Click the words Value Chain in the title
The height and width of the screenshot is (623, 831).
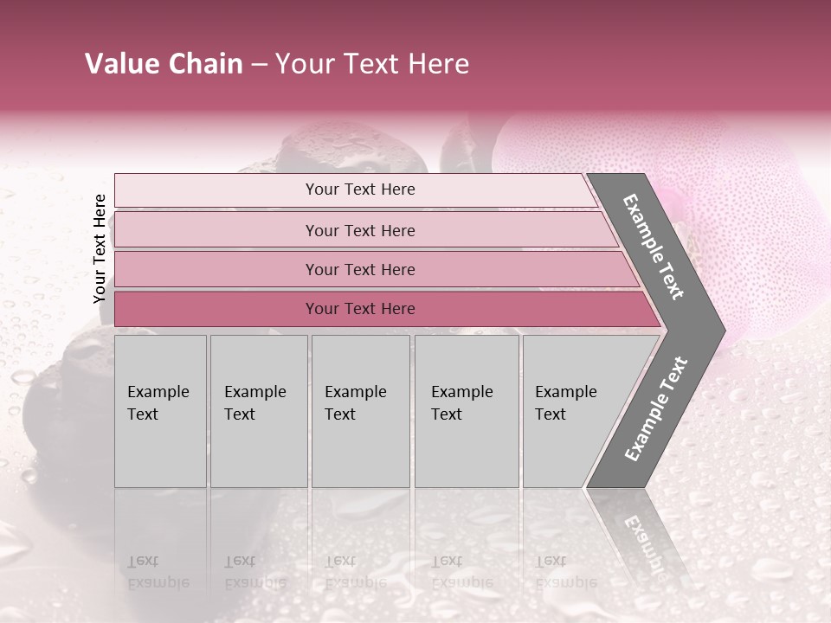(x=164, y=64)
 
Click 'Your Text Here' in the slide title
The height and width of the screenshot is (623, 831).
(x=372, y=64)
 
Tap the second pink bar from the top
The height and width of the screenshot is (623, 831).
(x=359, y=230)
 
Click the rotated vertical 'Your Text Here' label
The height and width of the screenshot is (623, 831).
(x=100, y=248)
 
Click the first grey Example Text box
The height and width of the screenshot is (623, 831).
(x=160, y=411)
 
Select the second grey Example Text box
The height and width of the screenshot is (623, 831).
(x=259, y=411)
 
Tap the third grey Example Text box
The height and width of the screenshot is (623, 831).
(x=360, y=411)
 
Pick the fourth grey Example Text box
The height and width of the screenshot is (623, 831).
(x=467, y=411)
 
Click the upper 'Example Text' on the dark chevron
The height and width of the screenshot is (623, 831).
(x=654, y=247)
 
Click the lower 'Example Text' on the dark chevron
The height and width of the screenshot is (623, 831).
(x=656, y=409)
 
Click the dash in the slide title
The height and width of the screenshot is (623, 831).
(x=259, y=65)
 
